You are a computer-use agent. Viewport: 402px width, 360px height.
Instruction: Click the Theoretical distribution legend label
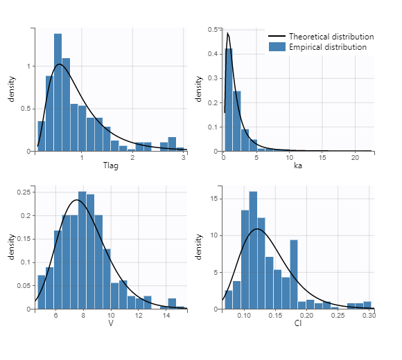[331, 36]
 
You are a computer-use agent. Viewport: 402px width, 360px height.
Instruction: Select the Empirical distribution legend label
[328, 47]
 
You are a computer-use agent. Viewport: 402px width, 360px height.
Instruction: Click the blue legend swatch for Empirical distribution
[277, 47]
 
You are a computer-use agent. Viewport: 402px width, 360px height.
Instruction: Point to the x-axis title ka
[298, 167]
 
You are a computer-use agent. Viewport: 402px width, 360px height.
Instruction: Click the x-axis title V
[111, 323]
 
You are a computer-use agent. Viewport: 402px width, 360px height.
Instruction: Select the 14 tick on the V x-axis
[166, 316]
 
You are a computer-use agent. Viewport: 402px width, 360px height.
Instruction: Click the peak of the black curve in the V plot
[76, 200]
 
